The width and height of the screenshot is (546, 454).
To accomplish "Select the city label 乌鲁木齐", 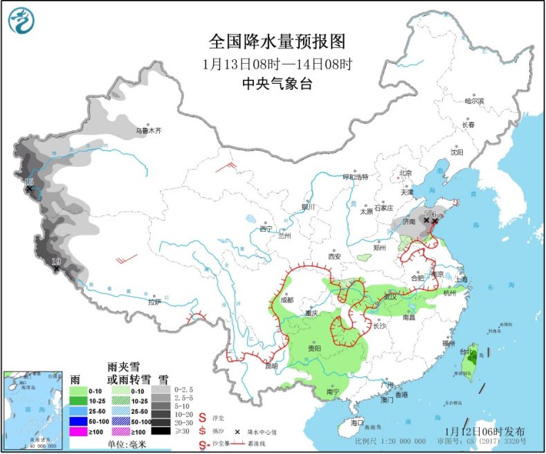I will pos(148,129).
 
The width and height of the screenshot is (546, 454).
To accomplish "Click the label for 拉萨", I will pos(154,301).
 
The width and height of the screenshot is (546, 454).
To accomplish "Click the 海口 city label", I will pos(357,421).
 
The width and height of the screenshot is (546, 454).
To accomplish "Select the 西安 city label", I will pos(335,256).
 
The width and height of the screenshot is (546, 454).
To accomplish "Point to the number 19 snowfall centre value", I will pos(56,261).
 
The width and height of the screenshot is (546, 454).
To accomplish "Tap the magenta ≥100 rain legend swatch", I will pos(81,430).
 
